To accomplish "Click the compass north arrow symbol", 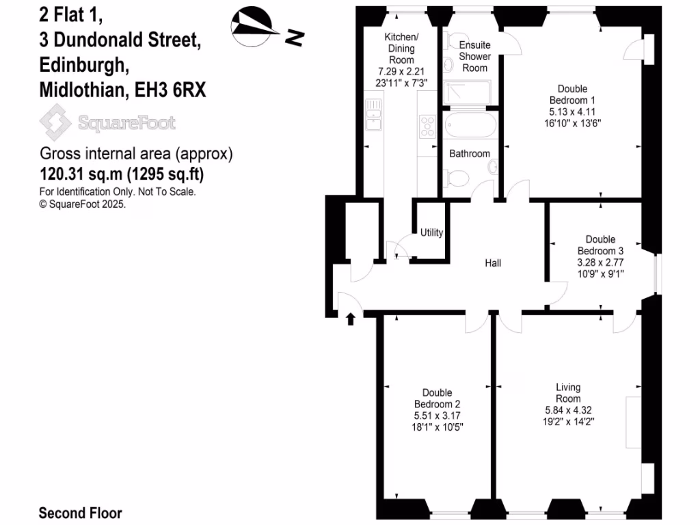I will click(x=257, y=27).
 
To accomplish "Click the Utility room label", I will click(x=431, y=232).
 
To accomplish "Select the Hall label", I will click(x=493, y=262).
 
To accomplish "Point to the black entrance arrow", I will click(x=351, y=319).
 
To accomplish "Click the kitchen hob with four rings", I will click(x=428, y=126).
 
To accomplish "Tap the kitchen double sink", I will click(x=373, y=115).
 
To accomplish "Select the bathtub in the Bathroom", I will click(x=470, y=126).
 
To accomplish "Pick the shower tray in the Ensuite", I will click(x=467, y=92).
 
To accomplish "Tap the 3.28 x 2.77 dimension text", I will click(x=600, y=262).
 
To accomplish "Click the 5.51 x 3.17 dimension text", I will click(x=437, y=415).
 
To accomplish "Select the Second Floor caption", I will click(x=80, y=513).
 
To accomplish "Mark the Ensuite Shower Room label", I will click(x=474, y=56).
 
